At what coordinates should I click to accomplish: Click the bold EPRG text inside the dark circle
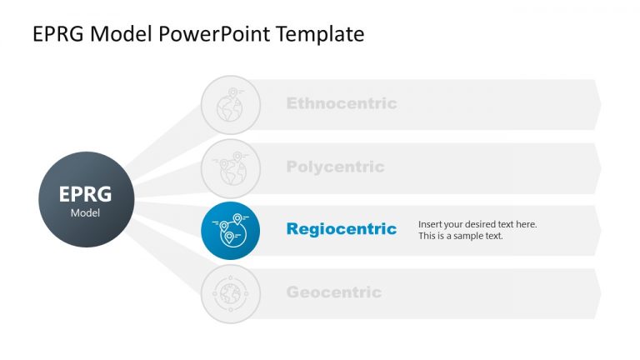pyautogui.click(x=85, y=194)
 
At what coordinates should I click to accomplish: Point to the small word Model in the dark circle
pyautogui.click(x=85, y=213)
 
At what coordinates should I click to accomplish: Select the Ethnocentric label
pyautogui.click(x=342, y=104)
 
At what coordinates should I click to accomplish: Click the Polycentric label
pyautogui.click(x=335, y=167)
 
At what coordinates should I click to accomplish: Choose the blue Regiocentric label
pyautogui.click(x=342, y=229)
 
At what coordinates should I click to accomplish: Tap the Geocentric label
pyautogui.click(x=333, y=292)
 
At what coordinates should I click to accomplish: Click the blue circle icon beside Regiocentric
pyautogui.click(x=231, y=231)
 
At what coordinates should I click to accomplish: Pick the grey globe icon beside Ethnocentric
pyautogui.click(x=231, y=105)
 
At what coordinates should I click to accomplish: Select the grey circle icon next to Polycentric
pyautogui.click(x=231, y=167)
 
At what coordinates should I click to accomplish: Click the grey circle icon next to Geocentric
pyautogui.click(x=231, y=293)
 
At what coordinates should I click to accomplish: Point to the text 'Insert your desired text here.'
pyautogui.click(x=477, y=224)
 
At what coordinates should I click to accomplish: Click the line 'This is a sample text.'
pyautogui.click(x=461, y=236)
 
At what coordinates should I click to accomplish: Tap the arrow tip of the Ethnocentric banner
pyautogui.click(x=597, y=105)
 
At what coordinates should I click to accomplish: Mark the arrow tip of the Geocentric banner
pyautogui.click(x=597, y=293)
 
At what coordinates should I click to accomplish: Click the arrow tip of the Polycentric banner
pyautogui.click(x=597, y=167)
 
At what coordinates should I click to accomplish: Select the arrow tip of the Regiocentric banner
pyautogui.click(x=597, y=231)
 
